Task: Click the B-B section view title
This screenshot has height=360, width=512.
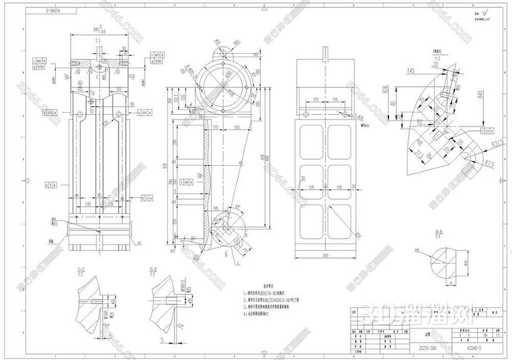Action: pyautogui.click(x=439, y=232)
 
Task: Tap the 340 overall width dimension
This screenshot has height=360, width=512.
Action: pyautogui.click(x=96, y=29)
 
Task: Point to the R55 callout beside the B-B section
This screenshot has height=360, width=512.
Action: pyautogui.click(x=416, y=251)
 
